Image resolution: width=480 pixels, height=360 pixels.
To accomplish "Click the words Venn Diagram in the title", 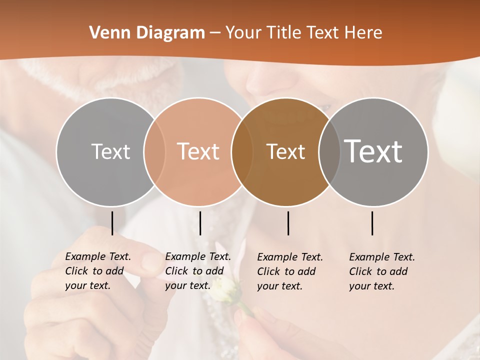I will click(x=147, y=33).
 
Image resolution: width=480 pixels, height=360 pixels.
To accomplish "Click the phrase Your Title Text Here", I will click(x=303, y=33).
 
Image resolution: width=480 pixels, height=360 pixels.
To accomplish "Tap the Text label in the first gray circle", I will click(x=110, y=151).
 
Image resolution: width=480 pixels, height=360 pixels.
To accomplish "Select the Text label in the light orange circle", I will click(x=198, y=151).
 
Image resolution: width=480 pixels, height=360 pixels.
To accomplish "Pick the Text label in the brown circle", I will click(x=285, y=151).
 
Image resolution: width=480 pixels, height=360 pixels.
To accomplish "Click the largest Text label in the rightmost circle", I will click(x=373, y=151).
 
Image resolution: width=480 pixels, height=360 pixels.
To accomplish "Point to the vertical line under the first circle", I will click(x=112, y=223).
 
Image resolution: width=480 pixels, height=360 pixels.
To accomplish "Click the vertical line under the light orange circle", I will click(x=200, y=223).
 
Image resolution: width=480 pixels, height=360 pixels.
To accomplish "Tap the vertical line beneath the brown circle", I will click(x=288, y=223).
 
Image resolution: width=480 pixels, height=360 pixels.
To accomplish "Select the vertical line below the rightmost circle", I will click(x=372, y=223).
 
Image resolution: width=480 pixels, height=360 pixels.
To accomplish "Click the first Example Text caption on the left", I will click(x=98, y=271).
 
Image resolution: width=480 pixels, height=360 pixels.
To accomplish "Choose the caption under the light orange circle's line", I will click(x=198, y=271).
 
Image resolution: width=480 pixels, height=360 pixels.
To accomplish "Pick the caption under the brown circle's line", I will click(x=290, y=271).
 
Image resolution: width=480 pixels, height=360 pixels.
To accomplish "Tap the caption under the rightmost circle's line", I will click(x=382, y=271).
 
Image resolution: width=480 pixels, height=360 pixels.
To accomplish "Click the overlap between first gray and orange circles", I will click(x=154, y=151).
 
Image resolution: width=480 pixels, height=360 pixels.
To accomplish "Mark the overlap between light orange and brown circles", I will click(x=242, y=151).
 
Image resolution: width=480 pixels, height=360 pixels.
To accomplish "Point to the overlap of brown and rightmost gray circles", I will click(x=328, y=151).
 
